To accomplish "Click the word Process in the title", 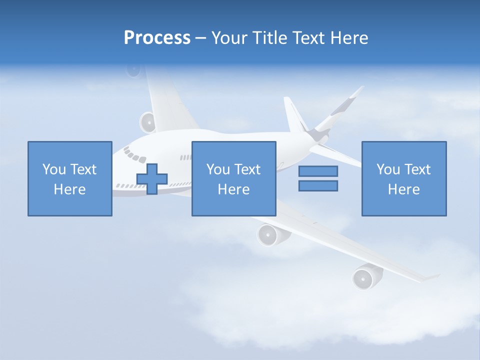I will (x=157, y=38).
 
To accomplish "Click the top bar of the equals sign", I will (x=318, y=171).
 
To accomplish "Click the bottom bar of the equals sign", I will (x=318, y=185).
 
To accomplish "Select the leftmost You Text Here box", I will (x=70, y=178).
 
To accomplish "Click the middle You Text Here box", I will (x=233, y=178).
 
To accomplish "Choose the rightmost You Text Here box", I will (x=403, y=178).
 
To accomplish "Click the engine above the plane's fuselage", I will (x=147, y=122).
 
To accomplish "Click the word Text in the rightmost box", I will (x=417, y=170).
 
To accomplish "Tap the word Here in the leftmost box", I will (x=70, y=189).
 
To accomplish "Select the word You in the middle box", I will (x=218, y=170).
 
